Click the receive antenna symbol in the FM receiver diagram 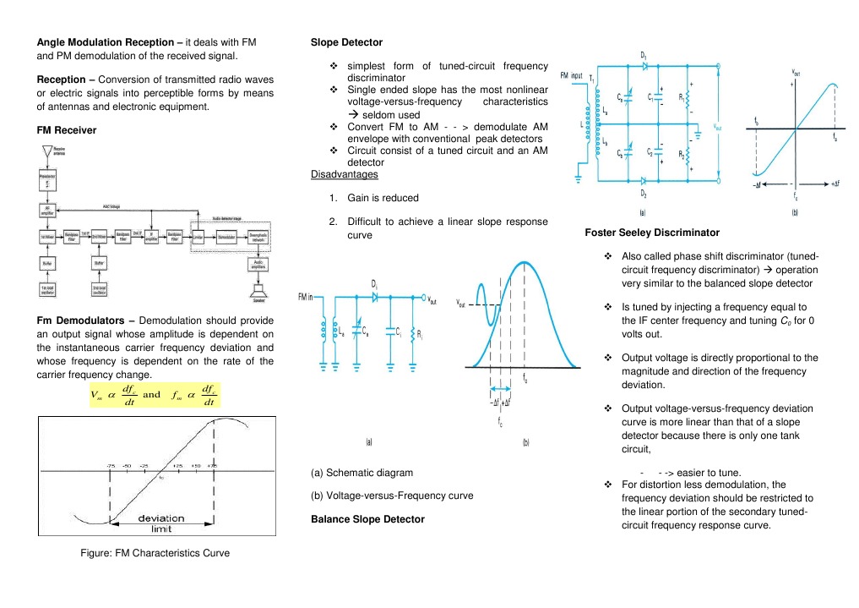coord(44,154)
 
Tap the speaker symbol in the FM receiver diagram coord(255,293)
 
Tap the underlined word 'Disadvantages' coord(344,174)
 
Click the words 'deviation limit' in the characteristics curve coord(161,523)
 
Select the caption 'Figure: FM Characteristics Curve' coord(149,552)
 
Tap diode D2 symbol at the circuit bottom coord(644,180)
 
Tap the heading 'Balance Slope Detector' coord(367,518)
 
